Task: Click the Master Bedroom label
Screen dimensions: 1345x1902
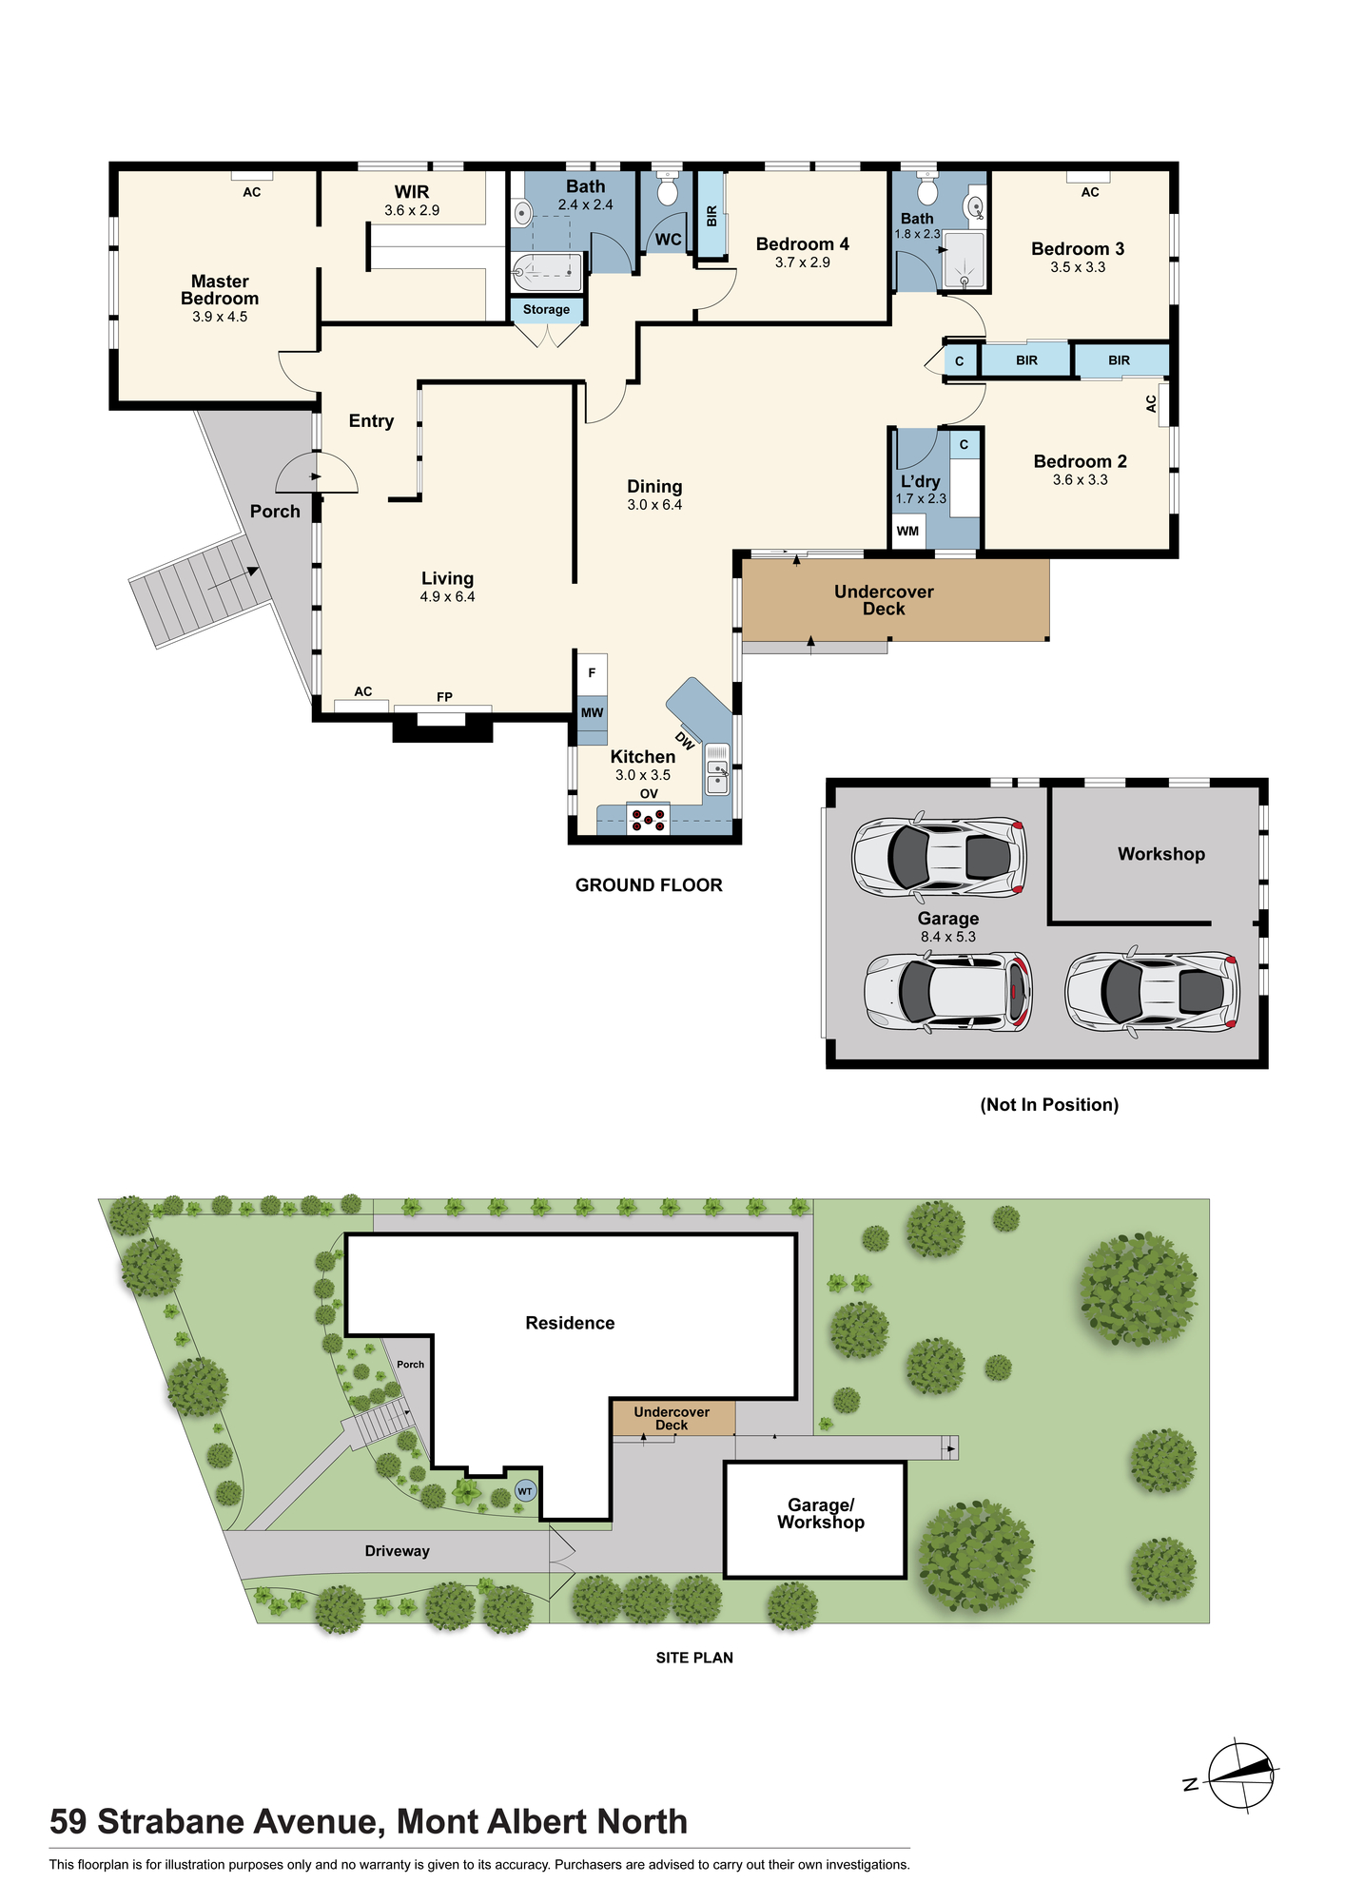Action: click(220, 290)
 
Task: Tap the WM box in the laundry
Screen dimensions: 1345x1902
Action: click(908, 531)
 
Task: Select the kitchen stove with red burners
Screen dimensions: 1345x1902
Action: click(648, 820)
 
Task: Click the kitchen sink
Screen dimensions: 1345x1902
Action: click(717, 769)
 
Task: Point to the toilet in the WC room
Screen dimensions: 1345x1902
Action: click(668, 189)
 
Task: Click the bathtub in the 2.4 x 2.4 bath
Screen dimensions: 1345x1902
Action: click(546, 273)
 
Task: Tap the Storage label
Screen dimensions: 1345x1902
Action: click(546, 309)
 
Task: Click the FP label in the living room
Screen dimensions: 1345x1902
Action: click(444, 697)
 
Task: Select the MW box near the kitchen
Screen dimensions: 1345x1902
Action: click(592, 712)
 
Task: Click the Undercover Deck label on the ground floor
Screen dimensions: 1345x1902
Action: click(884, 600)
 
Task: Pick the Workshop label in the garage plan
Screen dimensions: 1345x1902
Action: click(1161, 854)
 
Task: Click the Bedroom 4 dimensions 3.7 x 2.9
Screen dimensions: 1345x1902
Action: click(802, 262)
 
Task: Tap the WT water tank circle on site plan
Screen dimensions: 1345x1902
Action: click(525, 1491)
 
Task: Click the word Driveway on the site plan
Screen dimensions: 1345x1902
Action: click(398, 1551)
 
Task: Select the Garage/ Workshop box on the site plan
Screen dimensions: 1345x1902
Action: click(815, 1520)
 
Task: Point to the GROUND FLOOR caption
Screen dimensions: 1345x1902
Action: click(649, 885)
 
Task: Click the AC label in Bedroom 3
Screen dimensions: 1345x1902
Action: click(1090, 192)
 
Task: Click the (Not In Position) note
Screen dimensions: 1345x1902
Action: click(1049, 1105)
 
